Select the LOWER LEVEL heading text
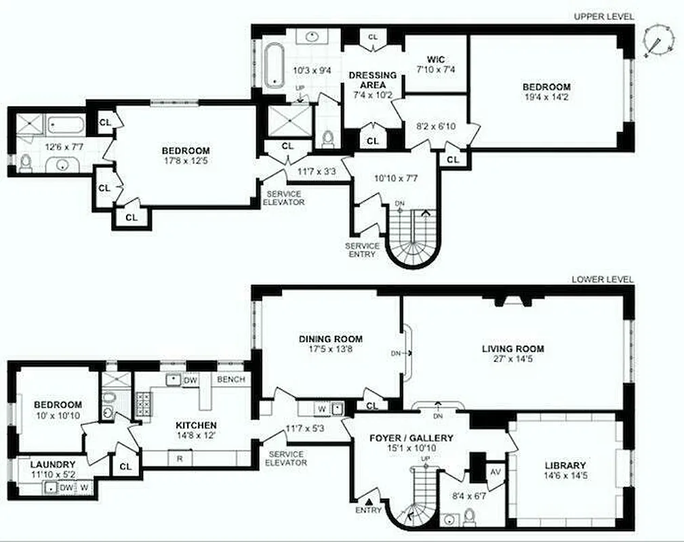coord(603,278)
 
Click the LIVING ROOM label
coord(512,350)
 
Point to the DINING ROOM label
coord(331,339)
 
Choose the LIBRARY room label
coord(565,465)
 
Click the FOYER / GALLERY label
coord(411,438)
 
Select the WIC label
coord(435,59)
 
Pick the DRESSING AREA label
coord(373,80)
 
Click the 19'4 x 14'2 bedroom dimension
coord(546,98)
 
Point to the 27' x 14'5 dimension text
coord(512,360)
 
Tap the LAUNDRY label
coord(49,465)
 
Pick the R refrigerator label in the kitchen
coord(180,458)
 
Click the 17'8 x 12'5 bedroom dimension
coord(185,161)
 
